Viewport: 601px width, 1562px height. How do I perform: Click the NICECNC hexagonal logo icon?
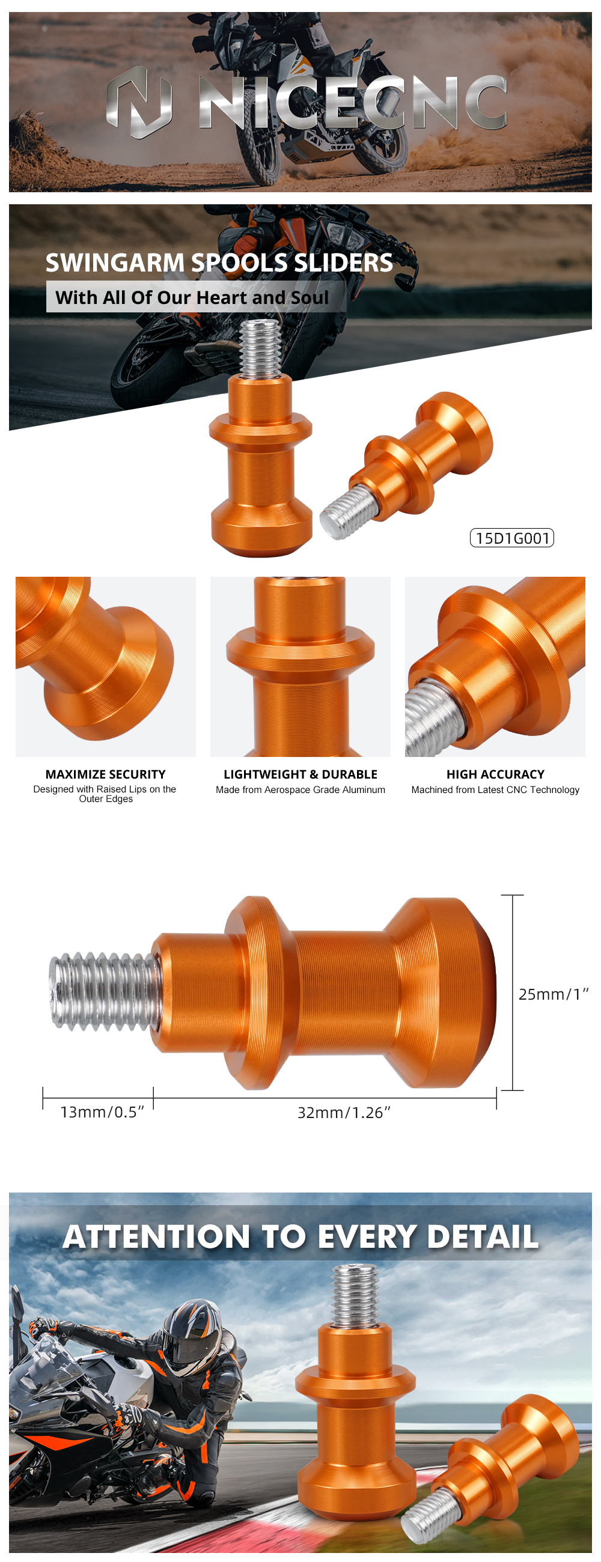coord(139,102)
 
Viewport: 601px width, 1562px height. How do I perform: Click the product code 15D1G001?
coord(512,538)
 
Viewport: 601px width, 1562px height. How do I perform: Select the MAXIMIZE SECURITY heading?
coord(106,774)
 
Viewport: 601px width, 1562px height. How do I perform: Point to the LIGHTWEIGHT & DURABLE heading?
coord(300,774)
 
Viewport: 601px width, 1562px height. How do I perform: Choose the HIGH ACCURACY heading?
coord(495,774)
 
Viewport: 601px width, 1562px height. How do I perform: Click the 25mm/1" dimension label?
coord(553,994)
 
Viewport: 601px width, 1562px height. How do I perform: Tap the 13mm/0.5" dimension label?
coord(102,1112)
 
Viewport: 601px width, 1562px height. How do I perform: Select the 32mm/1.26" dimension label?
coord(344,1113)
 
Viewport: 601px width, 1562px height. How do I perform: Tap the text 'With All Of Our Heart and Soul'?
coord(192,297)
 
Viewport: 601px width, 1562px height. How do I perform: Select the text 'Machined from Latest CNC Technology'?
coord(495,789)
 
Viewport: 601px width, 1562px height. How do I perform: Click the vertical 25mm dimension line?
coord(513,992)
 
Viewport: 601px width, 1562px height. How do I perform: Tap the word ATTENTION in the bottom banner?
coord(156,1237)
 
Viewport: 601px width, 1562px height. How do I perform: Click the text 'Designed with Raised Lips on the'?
coord(105,789)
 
